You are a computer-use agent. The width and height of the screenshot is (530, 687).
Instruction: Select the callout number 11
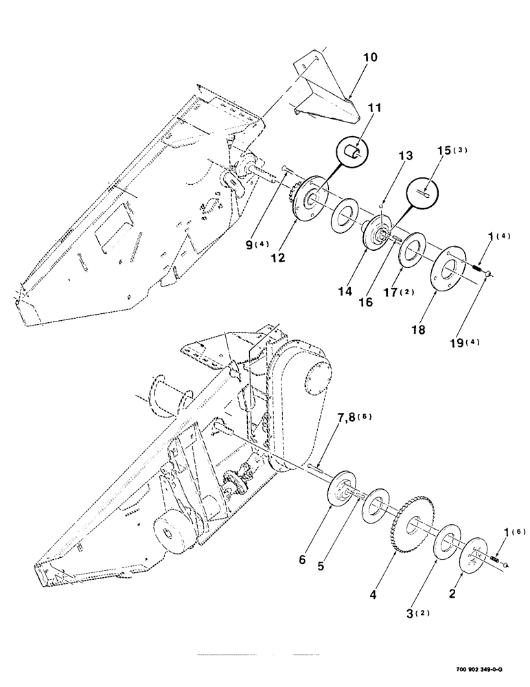356,108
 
